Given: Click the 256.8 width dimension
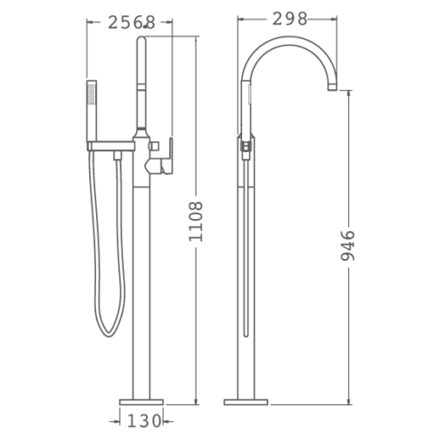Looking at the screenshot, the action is [132, 22].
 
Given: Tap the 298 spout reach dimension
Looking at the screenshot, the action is [289, 20].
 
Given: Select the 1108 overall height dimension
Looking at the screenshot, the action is [196, 222].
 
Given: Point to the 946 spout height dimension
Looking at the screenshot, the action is [347, 246].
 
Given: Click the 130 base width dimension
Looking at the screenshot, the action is [144, 421].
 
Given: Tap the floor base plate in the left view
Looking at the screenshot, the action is [142, 402].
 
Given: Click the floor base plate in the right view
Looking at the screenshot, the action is [246, 402].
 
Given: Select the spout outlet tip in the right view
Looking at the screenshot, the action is [332, 87].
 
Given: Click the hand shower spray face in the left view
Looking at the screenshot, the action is [92, 94].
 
